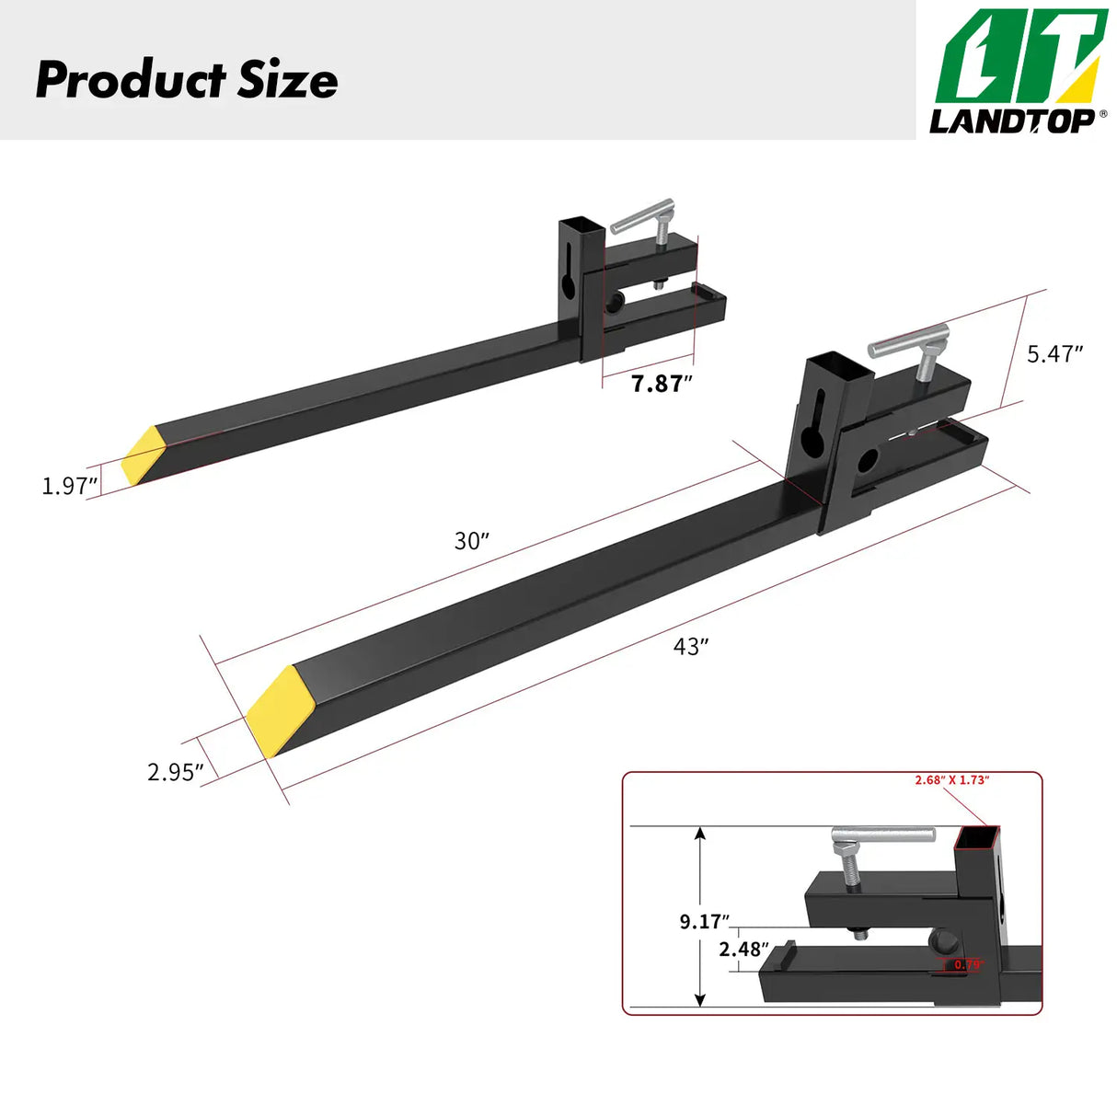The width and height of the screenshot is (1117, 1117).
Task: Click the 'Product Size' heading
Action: [x=187, y=80]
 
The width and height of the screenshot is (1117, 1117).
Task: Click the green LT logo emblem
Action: [x=1019, y=57]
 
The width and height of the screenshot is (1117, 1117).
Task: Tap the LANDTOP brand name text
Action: [x=1012, y=121]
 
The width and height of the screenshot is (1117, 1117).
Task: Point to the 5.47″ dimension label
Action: [x=1054, y=353]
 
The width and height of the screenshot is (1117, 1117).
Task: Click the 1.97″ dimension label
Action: [x=69, y=486]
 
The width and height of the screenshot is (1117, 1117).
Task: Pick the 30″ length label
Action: [x=471, y=541]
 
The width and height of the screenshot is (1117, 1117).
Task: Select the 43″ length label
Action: [x=690, y=647]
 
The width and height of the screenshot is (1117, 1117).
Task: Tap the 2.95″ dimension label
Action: [x=175, y=772]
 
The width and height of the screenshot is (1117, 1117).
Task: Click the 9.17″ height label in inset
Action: [x=704, y=921]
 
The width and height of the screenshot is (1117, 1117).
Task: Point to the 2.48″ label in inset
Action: [x=743, y=949]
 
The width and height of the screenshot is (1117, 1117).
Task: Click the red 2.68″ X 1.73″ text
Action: [x=950, y=779]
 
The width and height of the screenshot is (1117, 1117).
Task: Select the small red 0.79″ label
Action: [x=968, y=965]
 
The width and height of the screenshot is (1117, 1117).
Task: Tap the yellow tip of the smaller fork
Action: [x=144, y=455]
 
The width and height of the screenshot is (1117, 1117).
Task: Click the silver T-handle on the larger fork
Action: [x=909, y=343]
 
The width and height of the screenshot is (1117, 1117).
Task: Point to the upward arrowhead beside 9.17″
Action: [x=701, y=835]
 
